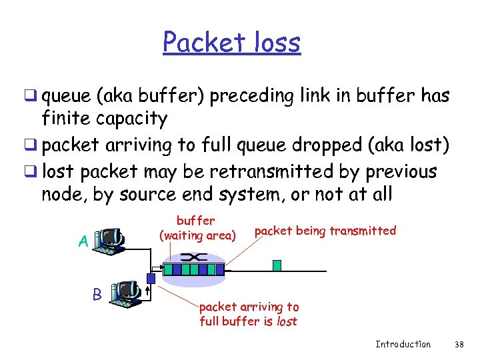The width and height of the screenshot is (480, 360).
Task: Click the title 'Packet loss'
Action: pos(231,43)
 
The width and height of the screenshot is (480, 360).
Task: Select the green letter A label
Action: pos(83,241)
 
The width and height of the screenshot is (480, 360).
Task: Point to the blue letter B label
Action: pos(97,293)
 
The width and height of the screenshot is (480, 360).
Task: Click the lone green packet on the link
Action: pos(277,265)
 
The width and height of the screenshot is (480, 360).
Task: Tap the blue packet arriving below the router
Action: pos(151,278)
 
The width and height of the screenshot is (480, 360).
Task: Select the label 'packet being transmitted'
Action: pos(325,231)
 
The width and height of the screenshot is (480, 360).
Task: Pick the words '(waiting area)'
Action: pos(197,235)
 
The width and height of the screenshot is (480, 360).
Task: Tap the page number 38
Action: pos(458,344)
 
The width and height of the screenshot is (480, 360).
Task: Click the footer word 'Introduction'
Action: pos(403,344)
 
